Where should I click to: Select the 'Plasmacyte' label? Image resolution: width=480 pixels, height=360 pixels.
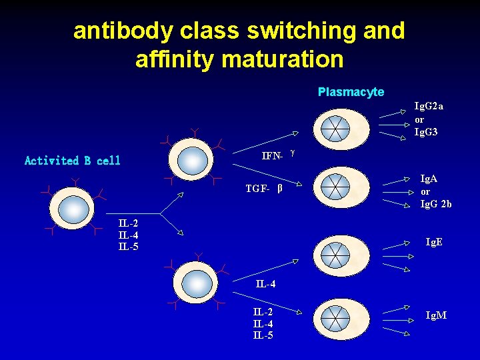click(x=351, y=92)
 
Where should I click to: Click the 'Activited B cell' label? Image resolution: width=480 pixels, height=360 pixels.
click(x=73, y=161)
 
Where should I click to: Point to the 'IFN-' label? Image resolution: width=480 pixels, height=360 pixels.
click(x=272, y=156)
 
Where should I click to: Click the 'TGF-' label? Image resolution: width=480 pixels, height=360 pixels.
click(x=257, y=189)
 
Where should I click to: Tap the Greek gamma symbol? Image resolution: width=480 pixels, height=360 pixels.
click(x=293, y=153)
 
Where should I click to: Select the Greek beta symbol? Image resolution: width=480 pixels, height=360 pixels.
click(x=280, y=188)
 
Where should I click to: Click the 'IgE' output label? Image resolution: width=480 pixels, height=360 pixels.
click(x=434, y=242)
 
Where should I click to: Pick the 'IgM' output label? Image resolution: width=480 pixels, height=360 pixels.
click(x=436, y=315)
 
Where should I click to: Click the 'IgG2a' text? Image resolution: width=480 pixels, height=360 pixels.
click(x=429, y=106)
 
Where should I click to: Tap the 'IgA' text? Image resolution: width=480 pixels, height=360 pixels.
click(x=429, y=179)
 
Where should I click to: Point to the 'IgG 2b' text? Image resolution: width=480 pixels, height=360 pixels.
click(x=435, y=204)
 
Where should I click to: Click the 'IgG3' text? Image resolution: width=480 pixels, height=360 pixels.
click(x=426, y=132)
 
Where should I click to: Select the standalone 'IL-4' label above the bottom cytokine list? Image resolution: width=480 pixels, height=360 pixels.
click(x=265, y=284)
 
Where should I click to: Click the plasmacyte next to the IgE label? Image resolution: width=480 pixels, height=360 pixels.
click(x=341, y=254)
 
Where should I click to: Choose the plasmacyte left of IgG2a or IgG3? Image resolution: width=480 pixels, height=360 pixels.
click(x=341, y=128)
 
